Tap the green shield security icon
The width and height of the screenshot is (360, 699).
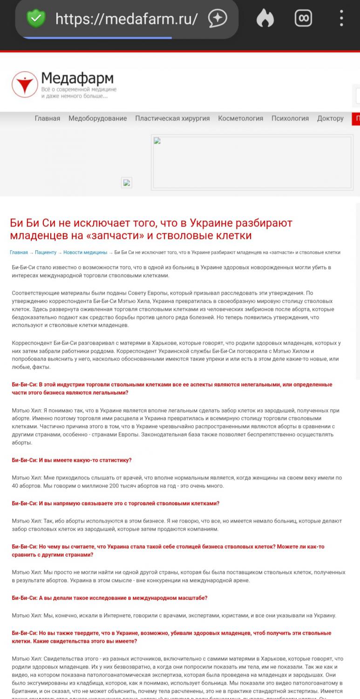pos(35,19)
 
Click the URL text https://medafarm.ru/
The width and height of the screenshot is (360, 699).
pos(126,19)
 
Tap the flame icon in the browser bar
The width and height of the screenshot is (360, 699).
pos(265,19)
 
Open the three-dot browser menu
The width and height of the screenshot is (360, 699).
pos(341,19)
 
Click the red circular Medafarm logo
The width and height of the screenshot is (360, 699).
pos(24,84)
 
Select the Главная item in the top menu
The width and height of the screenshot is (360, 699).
pos(47,118)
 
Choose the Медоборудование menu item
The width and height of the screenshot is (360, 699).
pos(97,118)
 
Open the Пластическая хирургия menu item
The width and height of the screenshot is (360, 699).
pos(172,118)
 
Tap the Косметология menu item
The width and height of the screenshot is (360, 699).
pos(240,118)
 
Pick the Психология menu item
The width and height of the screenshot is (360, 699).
pos(290,118)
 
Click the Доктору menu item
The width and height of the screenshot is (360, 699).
pos(330,118)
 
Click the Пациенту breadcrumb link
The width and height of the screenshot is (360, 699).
pos(46,252)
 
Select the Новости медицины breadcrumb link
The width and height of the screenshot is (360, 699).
pos(85,252)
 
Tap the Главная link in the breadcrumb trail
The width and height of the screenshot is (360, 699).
pos(19,252)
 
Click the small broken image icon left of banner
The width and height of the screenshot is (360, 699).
pos(127,183)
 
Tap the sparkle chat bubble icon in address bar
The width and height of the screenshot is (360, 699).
pos(217,19)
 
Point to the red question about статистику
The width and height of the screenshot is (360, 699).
pos(72,460)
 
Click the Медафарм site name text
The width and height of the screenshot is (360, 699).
pos(77,78)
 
